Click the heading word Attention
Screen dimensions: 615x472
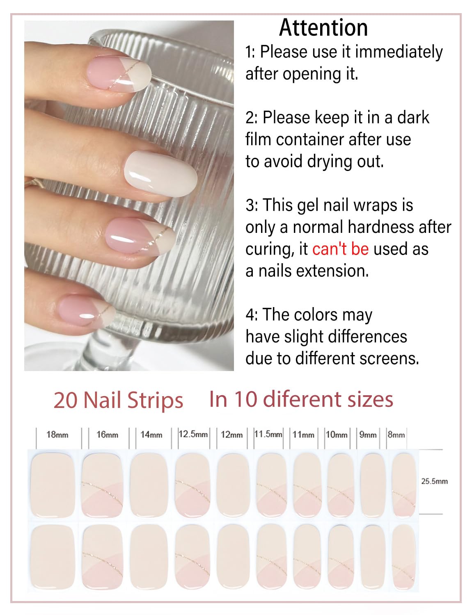click(x=323, y=28)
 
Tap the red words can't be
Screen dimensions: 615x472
click(x=340, y=249)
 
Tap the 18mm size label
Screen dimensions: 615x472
click(x=57, y=435)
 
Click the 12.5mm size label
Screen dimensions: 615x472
click(x=193, y=434)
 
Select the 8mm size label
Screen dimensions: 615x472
click(x=396, y=435)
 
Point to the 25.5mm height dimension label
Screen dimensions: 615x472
click(x=434, y=481)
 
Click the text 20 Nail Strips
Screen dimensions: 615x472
click(x=118, y=401)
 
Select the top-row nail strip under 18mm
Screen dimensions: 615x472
click(x=52, y=483)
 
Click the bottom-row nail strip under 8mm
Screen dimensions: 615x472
click(x=403, y=555)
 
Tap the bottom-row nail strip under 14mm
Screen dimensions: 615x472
click(x=149, y=555)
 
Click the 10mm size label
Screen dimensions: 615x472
click(x=337, y=435)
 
